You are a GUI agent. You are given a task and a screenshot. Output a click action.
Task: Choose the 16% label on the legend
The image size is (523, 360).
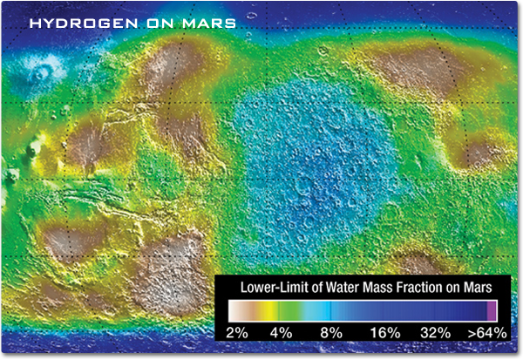pyautogui.click(x=384, y=333)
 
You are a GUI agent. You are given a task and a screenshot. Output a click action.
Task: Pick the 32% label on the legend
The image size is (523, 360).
pyautogui.click(x=434, y=333)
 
